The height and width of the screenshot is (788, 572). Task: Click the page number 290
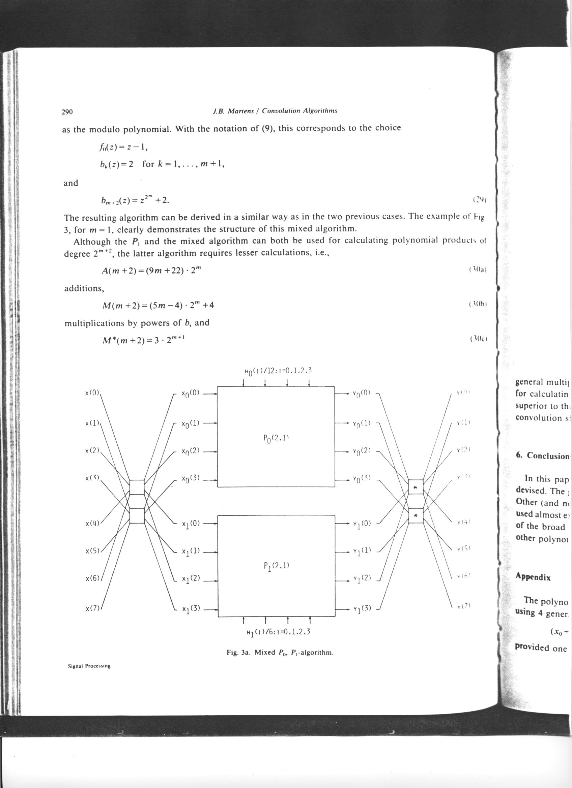[67, 112]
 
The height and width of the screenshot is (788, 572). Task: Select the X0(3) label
[191, 479]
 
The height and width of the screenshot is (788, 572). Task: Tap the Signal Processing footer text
[89, 675]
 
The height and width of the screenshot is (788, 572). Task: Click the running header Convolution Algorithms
[299, 111]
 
